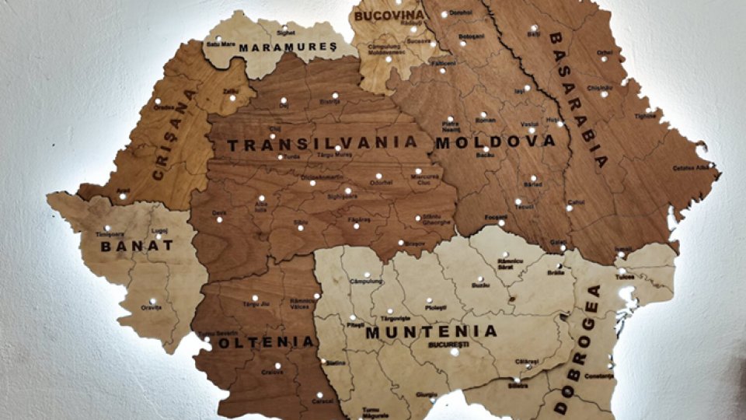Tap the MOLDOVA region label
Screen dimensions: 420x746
click(496, 142)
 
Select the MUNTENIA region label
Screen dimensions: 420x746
click(431, 331)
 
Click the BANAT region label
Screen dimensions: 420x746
click(137, 247)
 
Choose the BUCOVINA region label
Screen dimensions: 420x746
click(389, 15)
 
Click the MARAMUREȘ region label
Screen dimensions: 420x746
click(288, 47)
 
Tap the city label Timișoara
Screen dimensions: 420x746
click(110, 234)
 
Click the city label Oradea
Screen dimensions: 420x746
click(163, 108)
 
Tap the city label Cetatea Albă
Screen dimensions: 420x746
click(691, 167)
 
